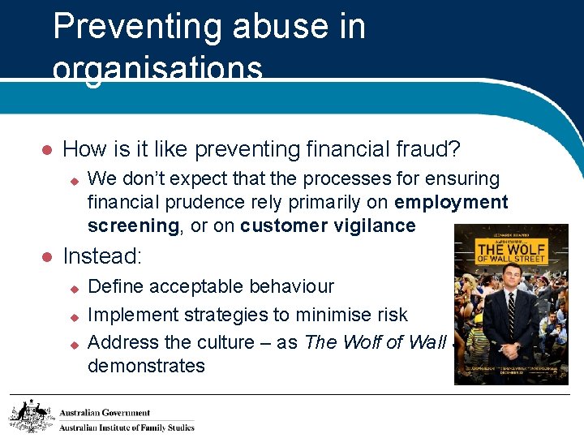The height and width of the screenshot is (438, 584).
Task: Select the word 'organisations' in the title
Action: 157,69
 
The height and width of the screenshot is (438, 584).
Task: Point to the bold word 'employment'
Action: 452,202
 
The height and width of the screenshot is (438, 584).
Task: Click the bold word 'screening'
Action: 132,225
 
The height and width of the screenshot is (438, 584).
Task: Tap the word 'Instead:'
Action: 102,257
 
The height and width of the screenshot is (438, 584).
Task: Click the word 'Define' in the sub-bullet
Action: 115,286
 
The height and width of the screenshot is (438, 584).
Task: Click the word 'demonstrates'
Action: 146,366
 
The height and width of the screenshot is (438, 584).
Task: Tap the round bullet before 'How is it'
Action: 47,150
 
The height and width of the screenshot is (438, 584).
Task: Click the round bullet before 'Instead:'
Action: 47,257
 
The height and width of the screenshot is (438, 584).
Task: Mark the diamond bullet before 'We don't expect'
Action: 72,179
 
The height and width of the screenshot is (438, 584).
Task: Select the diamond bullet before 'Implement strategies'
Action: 72,315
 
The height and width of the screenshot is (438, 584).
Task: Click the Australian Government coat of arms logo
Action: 31,415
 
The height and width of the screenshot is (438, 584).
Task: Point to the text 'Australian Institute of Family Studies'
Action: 127,427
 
